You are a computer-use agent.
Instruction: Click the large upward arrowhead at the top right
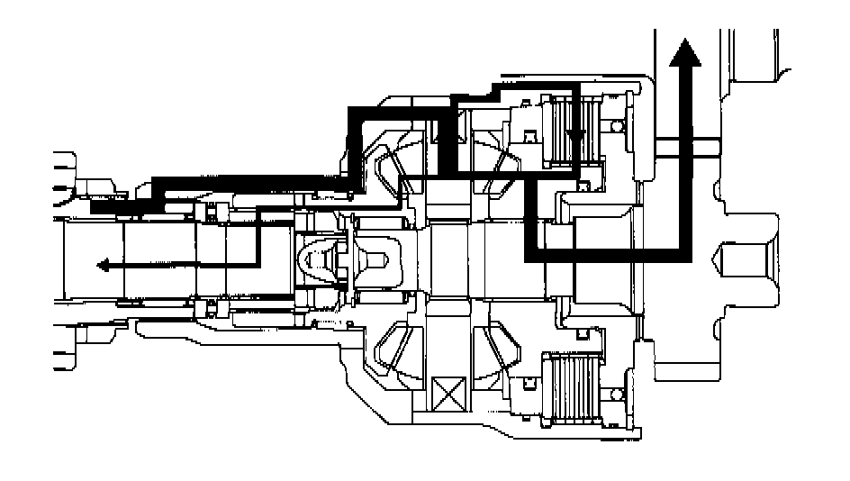coord(687,53)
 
